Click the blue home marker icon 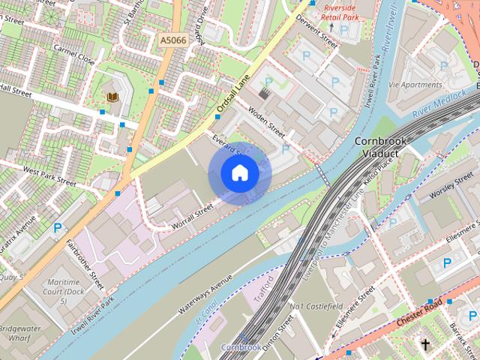[239, 173]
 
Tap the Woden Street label [267, 122]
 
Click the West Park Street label [49, 175]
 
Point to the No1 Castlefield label [316, 307]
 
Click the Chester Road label [420, 313]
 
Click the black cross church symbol [425, 346]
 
